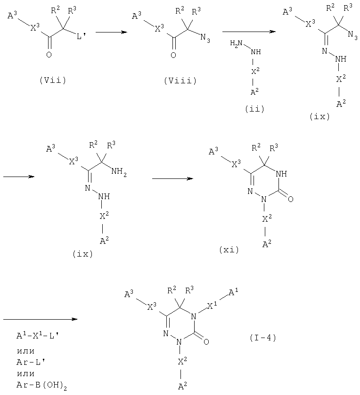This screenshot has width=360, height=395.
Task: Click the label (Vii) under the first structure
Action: pyautogui.click(x=53, y=81)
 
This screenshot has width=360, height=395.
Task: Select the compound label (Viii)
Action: pyautogui.click(x=180, y=81)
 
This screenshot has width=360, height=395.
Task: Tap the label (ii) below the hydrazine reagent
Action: pyautogui.click(x=254, y=109)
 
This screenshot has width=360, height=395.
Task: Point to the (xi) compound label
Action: pyautogui.click(x=229, y=250)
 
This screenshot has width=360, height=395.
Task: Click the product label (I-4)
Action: pyautogui.click(x=263, y=338)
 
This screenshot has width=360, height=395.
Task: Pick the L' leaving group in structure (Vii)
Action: pyautogui.click(x=82, y=37)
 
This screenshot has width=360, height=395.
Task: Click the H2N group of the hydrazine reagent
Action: pyautogui.click(x=236, y=43)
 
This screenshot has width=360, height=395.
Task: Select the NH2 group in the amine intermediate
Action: pyautogui.click(x=119, y=172)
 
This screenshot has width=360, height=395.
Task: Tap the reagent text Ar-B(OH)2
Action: pyautogui.click(x=42, y=385)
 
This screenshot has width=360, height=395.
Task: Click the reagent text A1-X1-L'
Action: pyautogui.click(x=38, y=335)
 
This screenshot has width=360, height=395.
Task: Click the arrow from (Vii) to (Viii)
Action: pyautogui.click(x=111, y=32)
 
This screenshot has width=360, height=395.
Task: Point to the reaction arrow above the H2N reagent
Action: pyautogui.click(x=249, y=32)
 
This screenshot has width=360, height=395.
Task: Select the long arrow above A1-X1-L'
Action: pyautogui.click(x=41, y=319)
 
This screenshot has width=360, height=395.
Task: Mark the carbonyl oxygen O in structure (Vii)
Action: pyautogui.click(x=49, y=55)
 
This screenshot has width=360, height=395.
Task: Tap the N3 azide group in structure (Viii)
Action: pyautogui.click(x=205, y=39)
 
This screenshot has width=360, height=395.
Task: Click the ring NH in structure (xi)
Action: pyautogui.click(x=282, y=174)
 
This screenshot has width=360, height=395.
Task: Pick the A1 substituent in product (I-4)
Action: pyautogui.click(x=233, y=293)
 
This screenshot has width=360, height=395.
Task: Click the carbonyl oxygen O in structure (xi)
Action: pyautogui.click(x=290, y=199)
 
